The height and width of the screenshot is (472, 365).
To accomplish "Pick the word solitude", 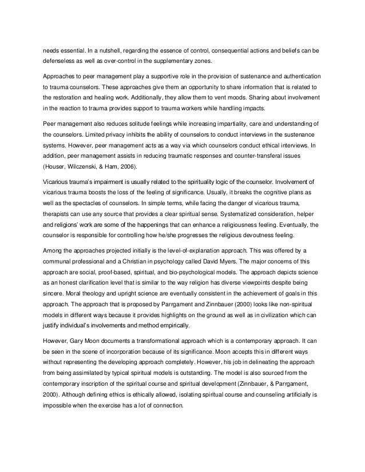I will (x=137, y=124).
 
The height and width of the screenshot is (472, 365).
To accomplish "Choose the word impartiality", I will (x=219, y=124).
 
